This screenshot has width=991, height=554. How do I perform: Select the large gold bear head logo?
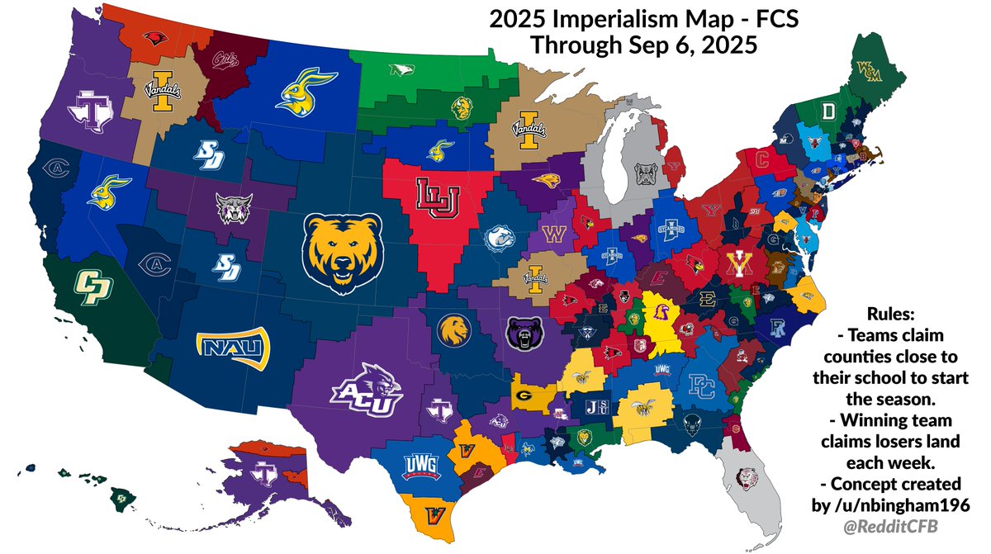pyautogui.click(x=342, y=249)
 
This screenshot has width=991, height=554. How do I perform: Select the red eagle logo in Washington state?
pyautogui.click(x=152, y=37)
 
